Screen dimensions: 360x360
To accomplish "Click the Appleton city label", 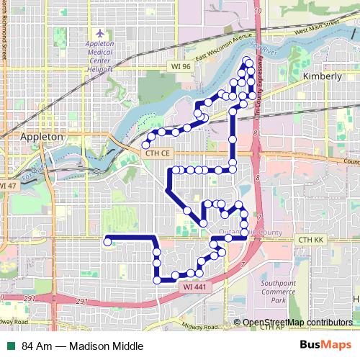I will pyautogui.click(x=42, y=136).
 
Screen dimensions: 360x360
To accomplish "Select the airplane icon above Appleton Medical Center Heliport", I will pyautogui.click(x=99, y=34).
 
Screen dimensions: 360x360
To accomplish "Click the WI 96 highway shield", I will pyautogui.click(x=181, y=66).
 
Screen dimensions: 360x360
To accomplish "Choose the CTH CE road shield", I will pyautogui.click(x=156, y=153).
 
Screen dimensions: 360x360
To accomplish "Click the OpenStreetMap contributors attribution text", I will pyautogui.click(x=297, y=322).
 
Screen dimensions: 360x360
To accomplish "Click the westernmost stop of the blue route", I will pyautogui.click(x=107, y=243).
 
